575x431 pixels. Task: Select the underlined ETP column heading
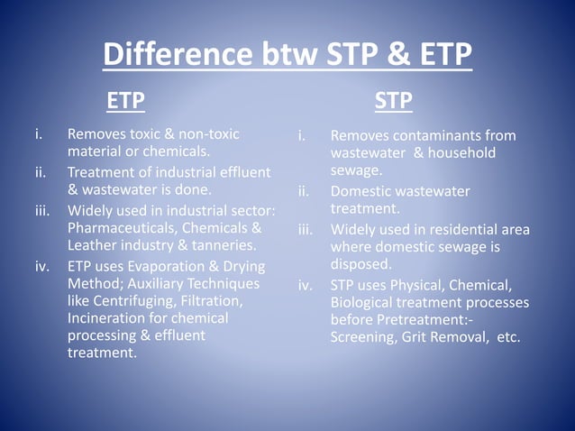[x=125, y=100]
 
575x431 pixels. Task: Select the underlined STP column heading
[x=394, y=100]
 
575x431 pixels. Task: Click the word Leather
[x=93, y=244]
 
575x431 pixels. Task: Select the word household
[x=461, y=153]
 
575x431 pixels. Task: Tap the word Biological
[x=365, y=303]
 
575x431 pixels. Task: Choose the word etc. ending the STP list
[x=508, y=338]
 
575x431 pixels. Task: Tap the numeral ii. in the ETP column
[x=41, y=172]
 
